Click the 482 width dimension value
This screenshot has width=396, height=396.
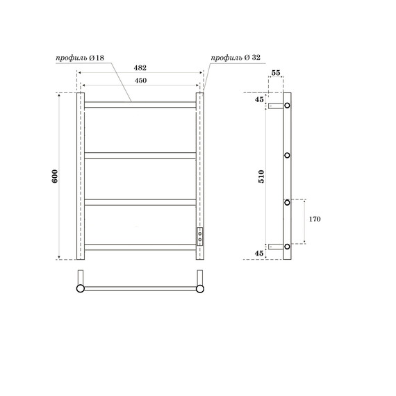(140, 67)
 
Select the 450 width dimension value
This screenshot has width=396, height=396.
(140, 81)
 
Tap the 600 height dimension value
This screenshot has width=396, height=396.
(55, 176)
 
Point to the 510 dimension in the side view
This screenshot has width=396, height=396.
(262, 176)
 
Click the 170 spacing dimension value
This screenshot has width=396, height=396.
(315, 219)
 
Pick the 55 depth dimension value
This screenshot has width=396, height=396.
(276, 73)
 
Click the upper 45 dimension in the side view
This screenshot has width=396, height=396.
(259, 99)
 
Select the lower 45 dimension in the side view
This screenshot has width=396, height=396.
(259, 253)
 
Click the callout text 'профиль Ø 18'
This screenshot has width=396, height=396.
(80, 58)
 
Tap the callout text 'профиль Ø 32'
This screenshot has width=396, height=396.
(236, 58)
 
